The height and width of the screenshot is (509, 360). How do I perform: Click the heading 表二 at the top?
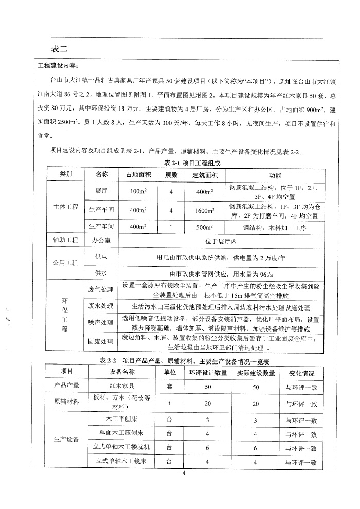tap(60, 49)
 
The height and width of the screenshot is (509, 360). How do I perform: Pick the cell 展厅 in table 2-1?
tap(101, 191)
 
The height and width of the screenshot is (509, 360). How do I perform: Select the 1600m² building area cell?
tap(203, 210)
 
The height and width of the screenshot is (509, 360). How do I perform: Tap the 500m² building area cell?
tap(203, 227)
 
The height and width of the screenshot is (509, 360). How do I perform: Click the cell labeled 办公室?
tap(102, 240)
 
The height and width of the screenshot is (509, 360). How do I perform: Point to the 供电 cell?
tap(101, 256)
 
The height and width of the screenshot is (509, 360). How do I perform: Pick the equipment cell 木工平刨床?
tap(122, 420)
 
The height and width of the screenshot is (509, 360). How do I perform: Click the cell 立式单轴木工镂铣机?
tap(122, 447)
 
